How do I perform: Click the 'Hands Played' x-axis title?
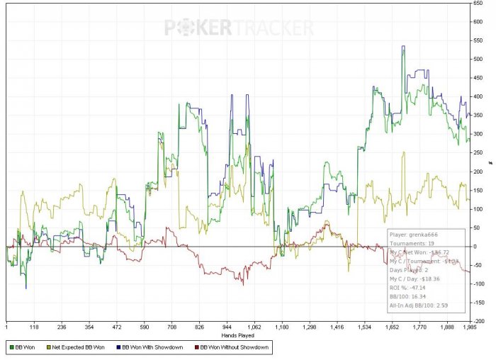[x=237, y=334]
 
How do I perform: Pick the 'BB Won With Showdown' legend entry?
[x=148, y=348]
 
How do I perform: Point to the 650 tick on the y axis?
[x=478, y=4]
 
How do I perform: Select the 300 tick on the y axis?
[x=478, y=134]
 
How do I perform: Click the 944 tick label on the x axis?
[x=227, y=327]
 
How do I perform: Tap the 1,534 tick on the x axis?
[x=366, y=327]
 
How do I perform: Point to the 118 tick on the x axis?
[x=33, y=327]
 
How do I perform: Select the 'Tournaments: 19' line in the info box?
[x=410, y=242]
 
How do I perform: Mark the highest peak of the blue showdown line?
[x=403, y=47]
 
